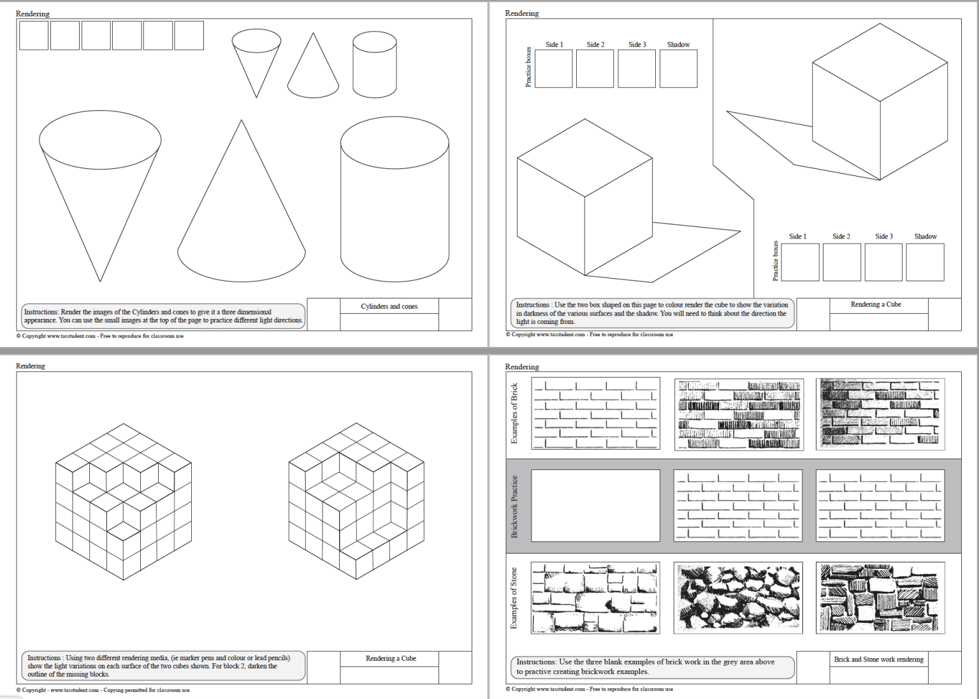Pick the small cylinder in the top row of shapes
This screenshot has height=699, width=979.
pyautogui.click(x=375, y=65)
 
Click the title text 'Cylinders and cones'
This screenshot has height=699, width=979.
pyautogui.click(x=389, y=306)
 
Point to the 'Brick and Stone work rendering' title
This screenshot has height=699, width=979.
pyautogui.click(x=878, y=659)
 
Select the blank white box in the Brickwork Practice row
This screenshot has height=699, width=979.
pyautogui.click(x=595, y=506)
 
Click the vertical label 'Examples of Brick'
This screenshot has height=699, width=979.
pyautogui.click(x=514, y=413)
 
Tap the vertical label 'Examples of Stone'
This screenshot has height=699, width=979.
pyautogui.click(x=514, y=598)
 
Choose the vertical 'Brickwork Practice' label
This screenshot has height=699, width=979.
pyautogui.click(x=514, y=506)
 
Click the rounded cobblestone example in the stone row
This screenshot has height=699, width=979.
pyautogui.click(x=738, y=598)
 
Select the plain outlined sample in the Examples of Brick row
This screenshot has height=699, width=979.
pyautogui.click(x=595, y=413)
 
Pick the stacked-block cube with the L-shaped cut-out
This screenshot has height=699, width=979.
pyautogui.click(x=356, y=501)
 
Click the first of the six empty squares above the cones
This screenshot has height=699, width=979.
pyautogui.click(x=34, y=36)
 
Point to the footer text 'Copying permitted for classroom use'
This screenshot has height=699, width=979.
pyautogui.click(x=146, y=690)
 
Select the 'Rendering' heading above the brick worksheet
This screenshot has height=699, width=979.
pyautogui.click(x=522, y=367)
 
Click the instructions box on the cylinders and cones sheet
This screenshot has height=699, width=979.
pyautogui.click(x=163, y=316)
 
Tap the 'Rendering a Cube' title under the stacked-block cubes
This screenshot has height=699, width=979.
pyautogui.click(x=390, y=658)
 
